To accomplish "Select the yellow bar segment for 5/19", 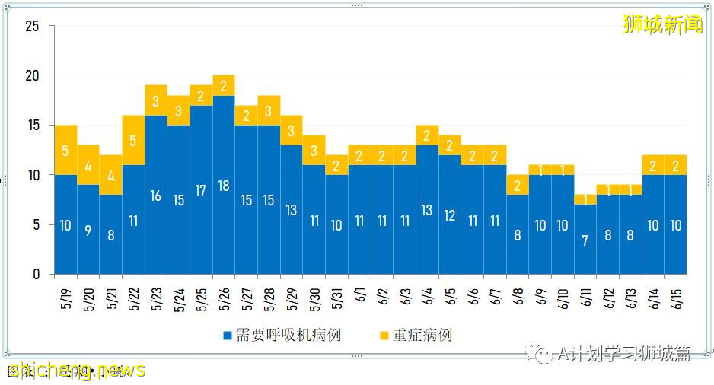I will (x=65, y=150).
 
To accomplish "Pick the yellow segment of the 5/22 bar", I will (x=133, y=140).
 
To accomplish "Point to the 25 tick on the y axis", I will (x=32, y=27).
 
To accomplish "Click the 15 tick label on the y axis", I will (x=32, y=126).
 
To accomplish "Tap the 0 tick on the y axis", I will (x=36, y=275).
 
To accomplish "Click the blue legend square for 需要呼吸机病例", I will (x=228, y=336).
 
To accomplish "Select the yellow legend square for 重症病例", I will (x=384, y=336).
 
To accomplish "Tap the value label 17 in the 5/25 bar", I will (x=201, y=190).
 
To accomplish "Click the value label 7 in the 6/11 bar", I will (x=585, y=240).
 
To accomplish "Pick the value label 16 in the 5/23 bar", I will (x=156, y=196).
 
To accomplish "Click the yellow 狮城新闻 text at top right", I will (x=662, y=25).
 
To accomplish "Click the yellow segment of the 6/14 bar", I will (x=653, y=164).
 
